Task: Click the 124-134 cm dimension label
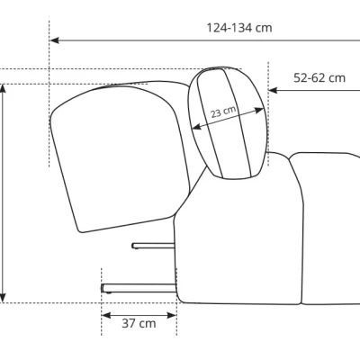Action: pos(239,28)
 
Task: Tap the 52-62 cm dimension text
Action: pos(319,78)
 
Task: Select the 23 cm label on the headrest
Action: pos(223,112)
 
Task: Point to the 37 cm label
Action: pos(139,323)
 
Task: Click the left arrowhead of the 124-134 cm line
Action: pos(54,40)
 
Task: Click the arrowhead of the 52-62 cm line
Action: pos(273,90)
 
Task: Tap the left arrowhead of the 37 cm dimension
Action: pos(106,315)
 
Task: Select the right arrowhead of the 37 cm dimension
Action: pos(172,315)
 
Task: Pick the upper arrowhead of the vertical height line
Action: pos(3,89)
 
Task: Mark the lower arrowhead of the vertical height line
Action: pos(3,298)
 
